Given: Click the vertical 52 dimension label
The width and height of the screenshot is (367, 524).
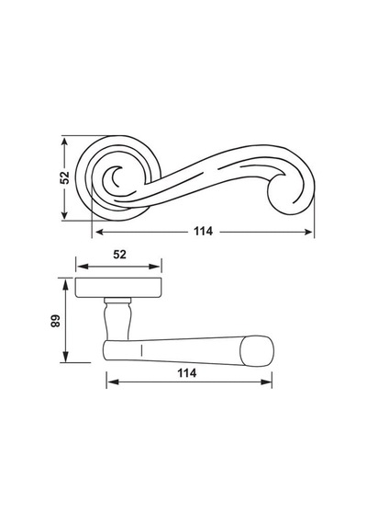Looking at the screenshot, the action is (x=65, y=177).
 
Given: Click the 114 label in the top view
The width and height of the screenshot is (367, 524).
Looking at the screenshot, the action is (x=203, y=231).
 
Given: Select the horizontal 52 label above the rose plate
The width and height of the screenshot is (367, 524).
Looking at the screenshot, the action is (x=119, y=255).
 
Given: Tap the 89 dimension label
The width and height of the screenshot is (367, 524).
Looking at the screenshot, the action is (x=56, y=321).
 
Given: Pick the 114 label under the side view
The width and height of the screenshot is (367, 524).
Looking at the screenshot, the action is (x=187, y=373).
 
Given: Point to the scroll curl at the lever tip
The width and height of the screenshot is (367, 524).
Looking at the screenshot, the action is (x=290, y=194).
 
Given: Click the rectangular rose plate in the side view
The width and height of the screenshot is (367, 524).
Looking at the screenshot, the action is (x=118, y=288).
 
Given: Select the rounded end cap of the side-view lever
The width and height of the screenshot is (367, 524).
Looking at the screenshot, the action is (x=257, y=351).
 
